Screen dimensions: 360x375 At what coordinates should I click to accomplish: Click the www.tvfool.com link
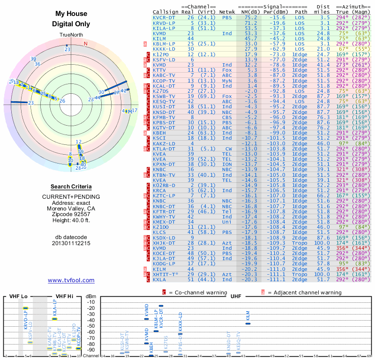pyautogui.click(x=71, y=280)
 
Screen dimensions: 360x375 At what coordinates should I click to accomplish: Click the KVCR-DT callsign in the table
pyautogui.click(x=164, y=17)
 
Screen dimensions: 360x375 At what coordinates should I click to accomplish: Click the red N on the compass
pyautogui.click(x=85, y=44)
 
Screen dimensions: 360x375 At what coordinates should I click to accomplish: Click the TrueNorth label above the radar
pyautogui.click(x=71, y=35)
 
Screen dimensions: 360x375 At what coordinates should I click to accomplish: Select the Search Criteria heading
pyautogui.click(x=71, y=186)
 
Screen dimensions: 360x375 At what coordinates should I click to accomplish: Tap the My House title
pyautogui.click(x=71, y=14)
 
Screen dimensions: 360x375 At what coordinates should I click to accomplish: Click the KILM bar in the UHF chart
pyautogui.click(x=248, y=323)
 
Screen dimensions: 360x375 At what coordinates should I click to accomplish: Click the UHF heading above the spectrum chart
pyautogui.click(x=236, y=296)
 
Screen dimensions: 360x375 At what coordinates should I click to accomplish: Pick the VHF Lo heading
pyautogui.click(x=18, y=296)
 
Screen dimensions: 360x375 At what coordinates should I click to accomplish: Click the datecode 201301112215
pyautogui.click(x=71, y=243)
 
